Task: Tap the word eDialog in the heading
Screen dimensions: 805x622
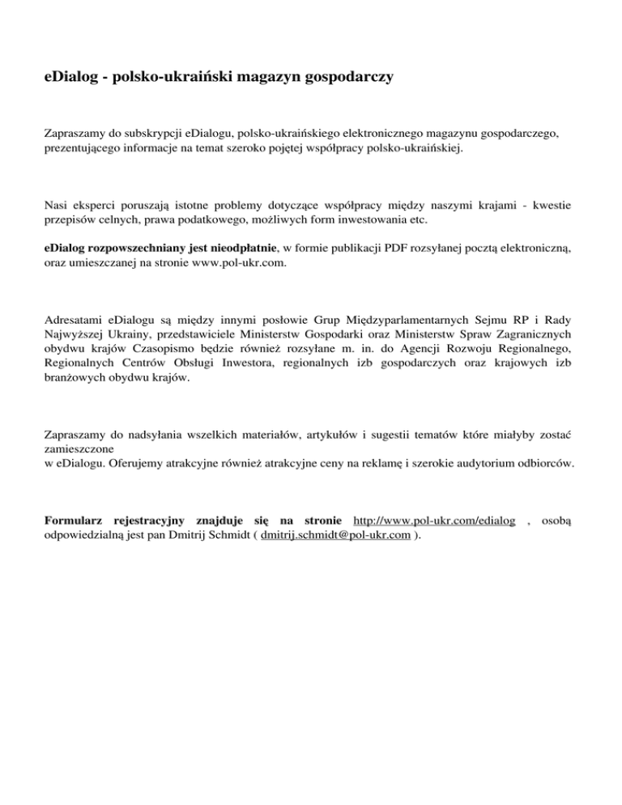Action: [x=72, y=78]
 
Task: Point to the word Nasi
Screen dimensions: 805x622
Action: [x=55, y=206]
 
